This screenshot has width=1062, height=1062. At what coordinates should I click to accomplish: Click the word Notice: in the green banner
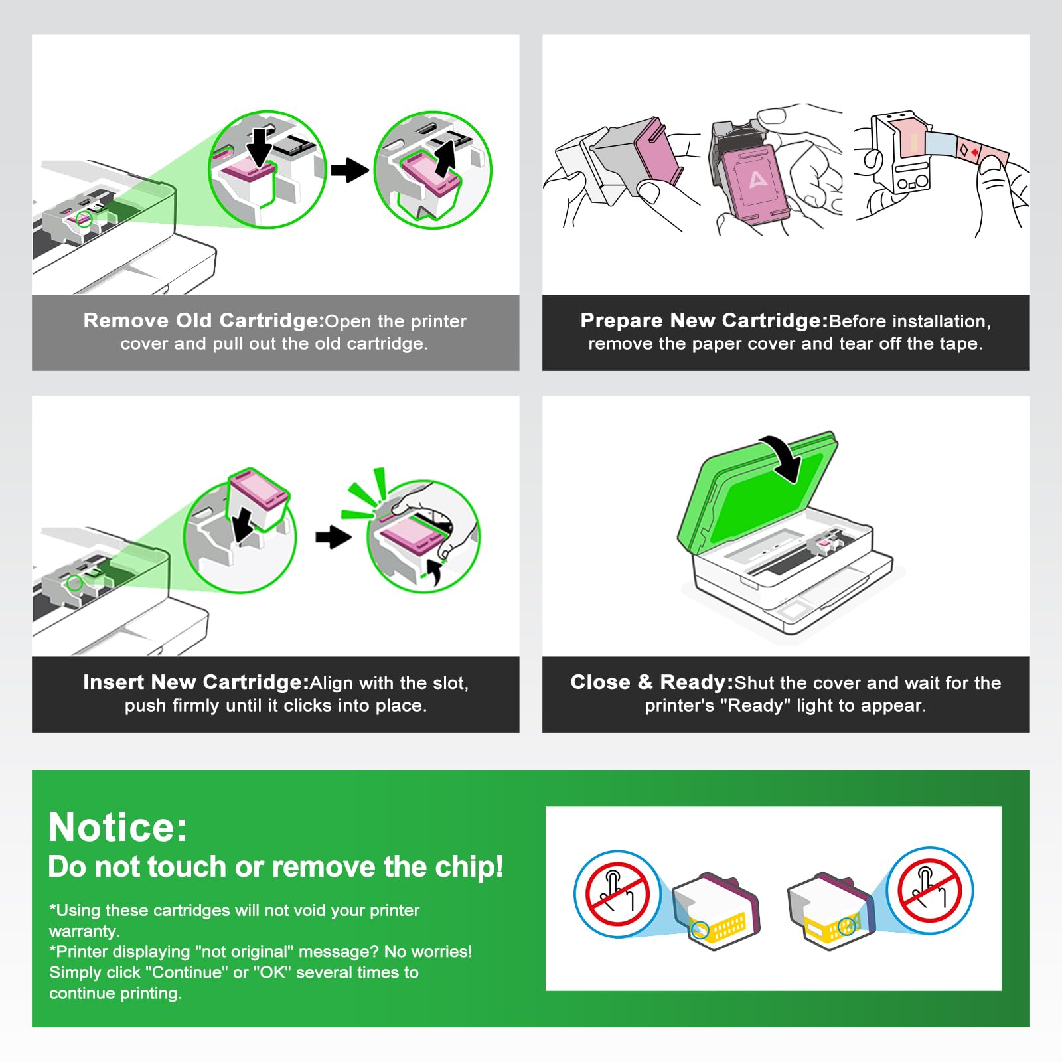point(118,827)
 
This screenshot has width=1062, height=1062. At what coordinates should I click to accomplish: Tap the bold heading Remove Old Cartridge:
point(204,321)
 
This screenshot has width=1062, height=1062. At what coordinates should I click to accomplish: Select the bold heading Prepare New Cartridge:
point(704,321)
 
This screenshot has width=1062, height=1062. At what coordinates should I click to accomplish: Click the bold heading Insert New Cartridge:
point(196,682)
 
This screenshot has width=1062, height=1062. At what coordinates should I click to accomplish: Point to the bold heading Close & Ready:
point(652,682)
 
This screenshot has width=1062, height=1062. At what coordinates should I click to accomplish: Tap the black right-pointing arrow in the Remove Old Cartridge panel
point(350,170)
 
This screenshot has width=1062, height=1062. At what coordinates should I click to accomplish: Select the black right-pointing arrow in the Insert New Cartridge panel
point(333,536)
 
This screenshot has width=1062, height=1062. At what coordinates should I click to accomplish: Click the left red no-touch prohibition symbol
point(617,893)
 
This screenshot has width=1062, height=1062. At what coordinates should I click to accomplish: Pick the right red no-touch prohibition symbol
point(929,891)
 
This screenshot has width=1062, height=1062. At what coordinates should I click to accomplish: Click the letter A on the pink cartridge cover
point(757,179)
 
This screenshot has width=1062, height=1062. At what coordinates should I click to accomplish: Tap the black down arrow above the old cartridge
point(260,146)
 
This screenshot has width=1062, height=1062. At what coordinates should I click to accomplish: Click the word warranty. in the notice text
point(84,931)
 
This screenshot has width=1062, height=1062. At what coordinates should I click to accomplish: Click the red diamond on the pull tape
point(974,153)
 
